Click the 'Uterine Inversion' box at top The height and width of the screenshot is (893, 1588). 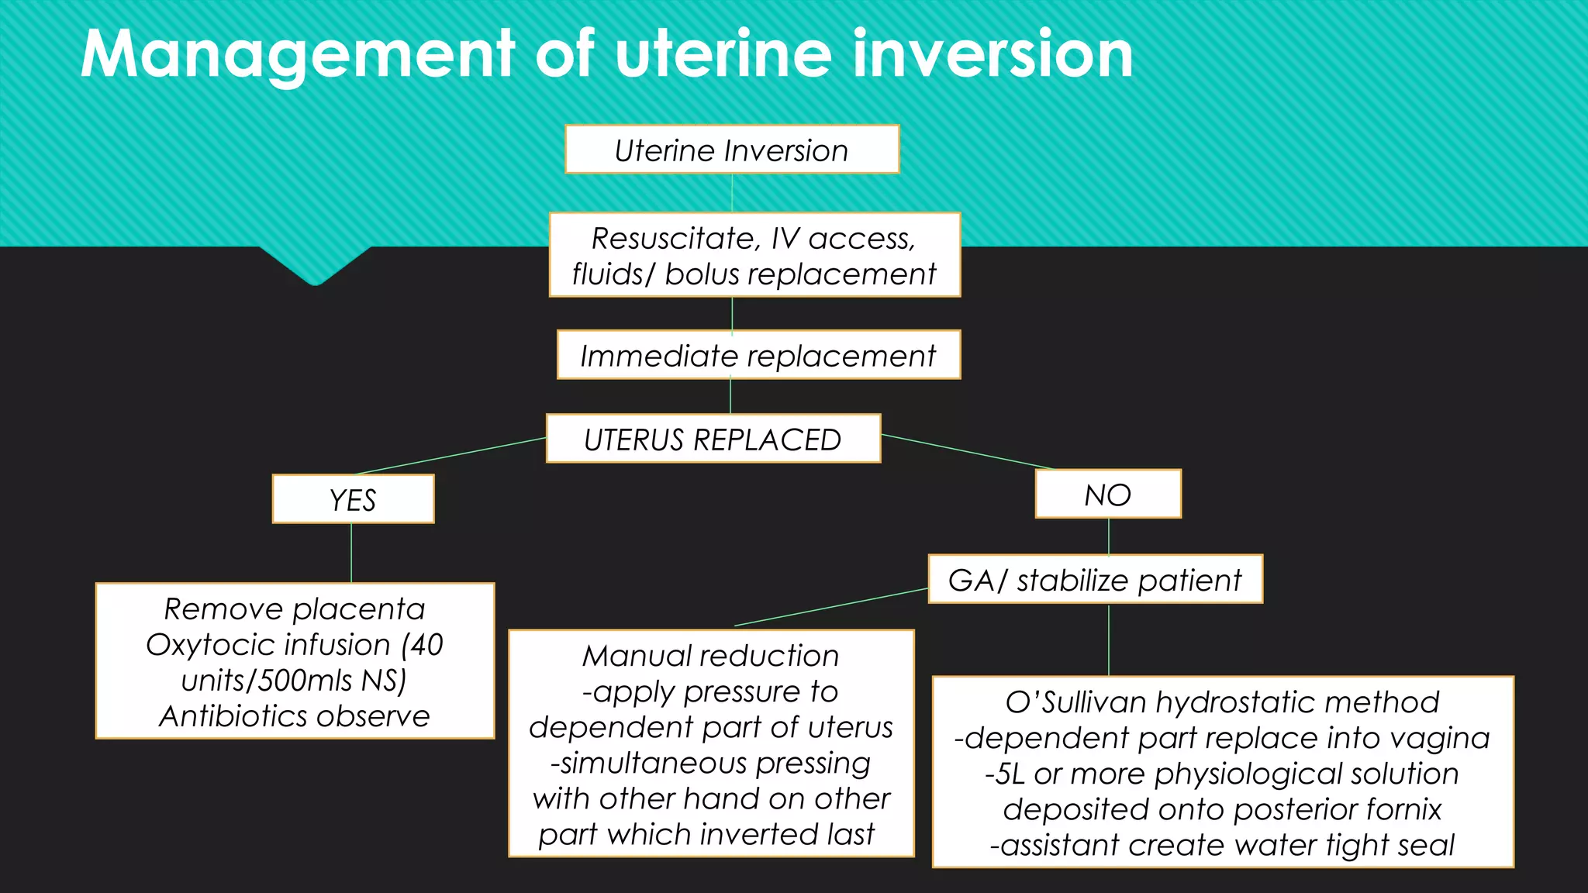coord(732,150)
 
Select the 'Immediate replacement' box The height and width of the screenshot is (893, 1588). coord(758,356)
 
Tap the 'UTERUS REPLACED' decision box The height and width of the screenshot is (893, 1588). coord(713,440)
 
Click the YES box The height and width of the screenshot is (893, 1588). coord(353,500)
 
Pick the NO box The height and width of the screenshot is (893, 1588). coord(1108,495)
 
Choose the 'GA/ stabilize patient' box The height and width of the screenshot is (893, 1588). coord(1095,580)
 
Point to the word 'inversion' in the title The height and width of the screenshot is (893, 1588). coord(992,54)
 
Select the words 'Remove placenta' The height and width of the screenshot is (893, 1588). coord(295,609)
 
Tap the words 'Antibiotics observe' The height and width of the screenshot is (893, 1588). coord(295,716)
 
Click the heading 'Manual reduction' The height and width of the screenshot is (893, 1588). coord(711,656)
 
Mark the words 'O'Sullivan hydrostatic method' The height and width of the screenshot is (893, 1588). coord(1222,702)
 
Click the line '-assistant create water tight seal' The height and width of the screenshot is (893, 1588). coord(1222,845)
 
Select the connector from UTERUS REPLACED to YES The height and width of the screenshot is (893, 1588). coord(450,456)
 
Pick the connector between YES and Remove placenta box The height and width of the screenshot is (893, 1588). coord(351,553)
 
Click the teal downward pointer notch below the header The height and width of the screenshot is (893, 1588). coord(315,267)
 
